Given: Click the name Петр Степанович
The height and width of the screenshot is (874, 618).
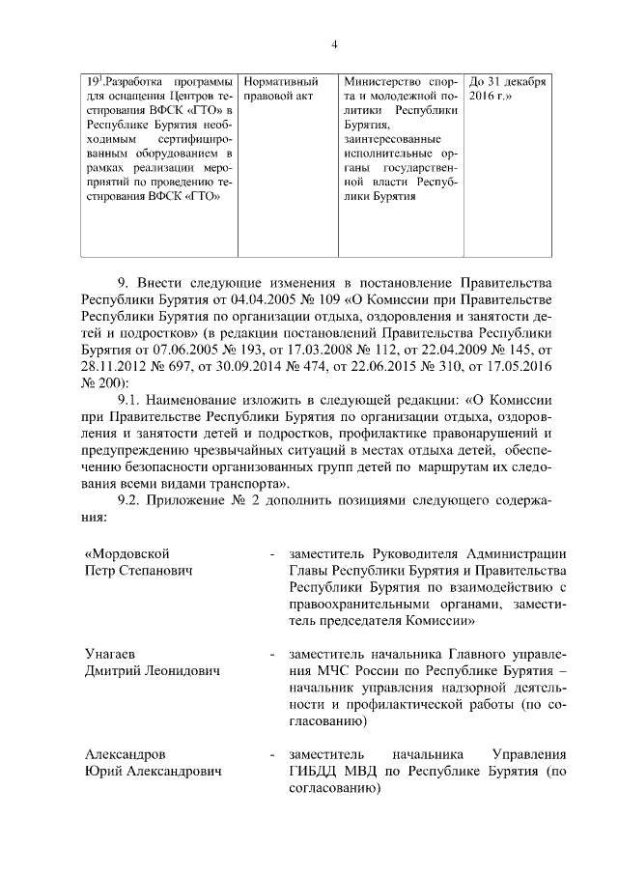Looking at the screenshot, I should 139,571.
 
